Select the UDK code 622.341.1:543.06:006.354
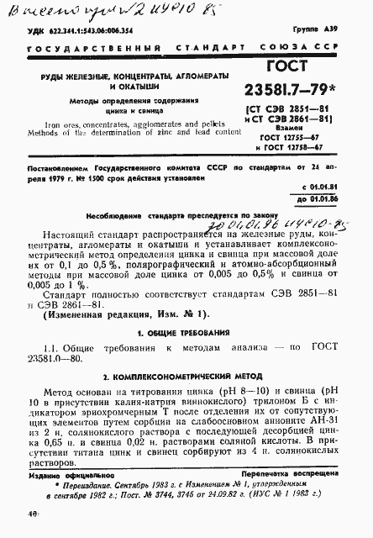tap(87, 29)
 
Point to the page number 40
tap(30, 513)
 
